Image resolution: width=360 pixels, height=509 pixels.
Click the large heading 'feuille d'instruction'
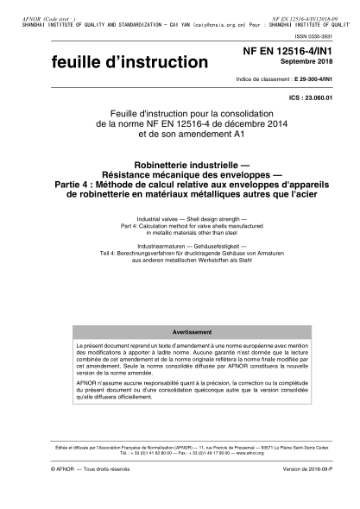point(83,63)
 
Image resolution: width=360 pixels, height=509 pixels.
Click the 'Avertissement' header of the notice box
point(180,332)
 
